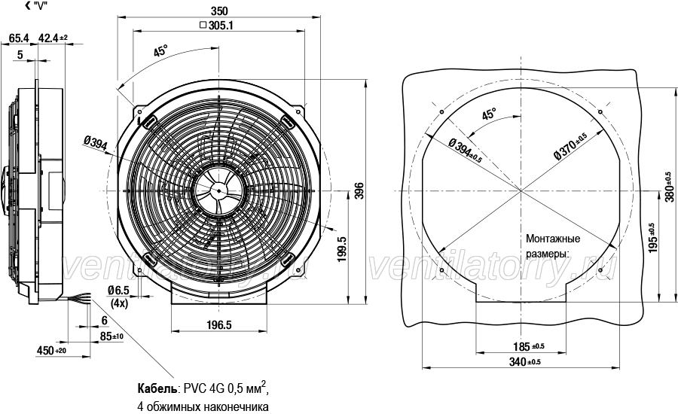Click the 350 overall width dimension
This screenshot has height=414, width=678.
[x=218, y=11]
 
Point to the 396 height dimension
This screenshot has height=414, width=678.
[x=360, y=190]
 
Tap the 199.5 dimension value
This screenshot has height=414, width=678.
[x=341, y=248]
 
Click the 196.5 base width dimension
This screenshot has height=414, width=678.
[x=219, y=324]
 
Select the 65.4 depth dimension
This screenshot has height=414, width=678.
[x=19, y=38]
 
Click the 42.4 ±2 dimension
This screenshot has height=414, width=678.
[x=53, y=38]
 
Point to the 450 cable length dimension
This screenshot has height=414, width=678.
[x=51, y=351]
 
